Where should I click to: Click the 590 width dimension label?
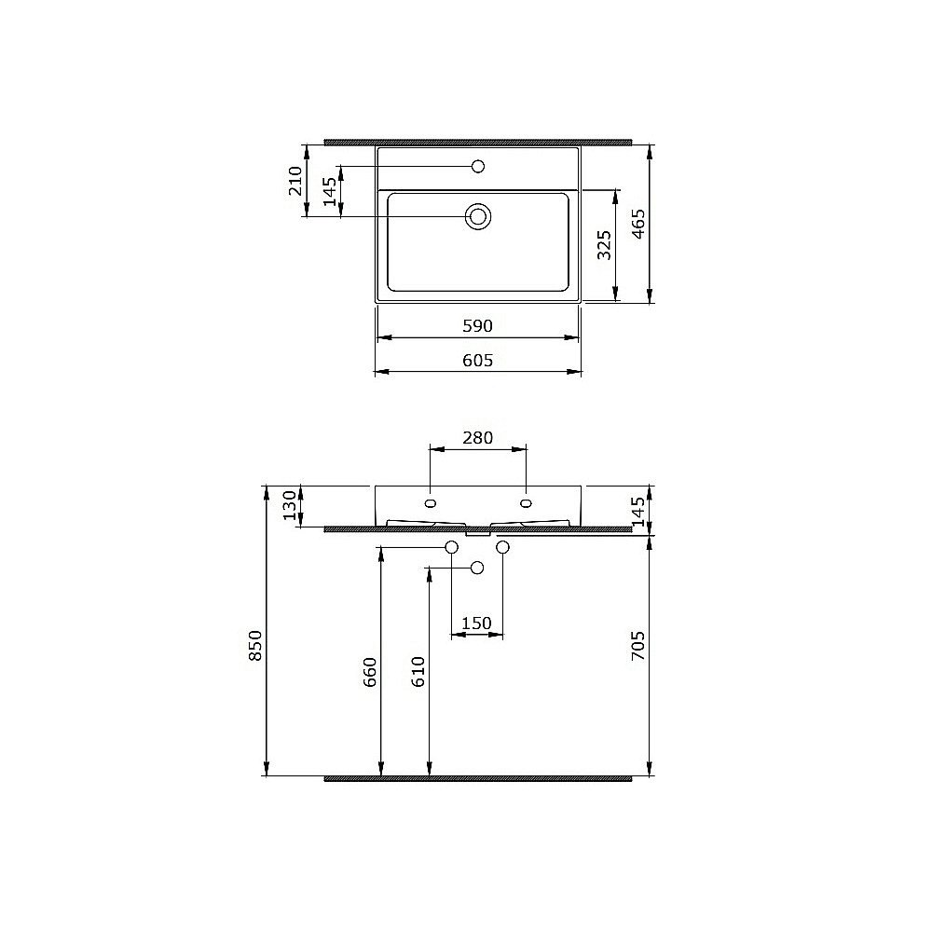(476, 326)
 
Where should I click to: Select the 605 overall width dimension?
(476, 360)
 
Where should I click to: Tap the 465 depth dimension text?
(637, 224)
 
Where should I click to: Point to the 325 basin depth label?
(604, 244)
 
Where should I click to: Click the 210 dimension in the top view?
(295, 181)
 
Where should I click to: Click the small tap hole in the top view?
(478, 167)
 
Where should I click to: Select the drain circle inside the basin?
(478, 217)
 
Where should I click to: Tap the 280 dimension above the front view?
(476, 437)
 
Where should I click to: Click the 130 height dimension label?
(289, 506)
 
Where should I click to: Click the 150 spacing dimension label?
(476, 624)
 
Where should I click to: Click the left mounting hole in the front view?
(430, 504)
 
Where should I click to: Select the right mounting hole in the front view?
(527, 504)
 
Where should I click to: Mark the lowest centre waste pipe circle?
(477, 568)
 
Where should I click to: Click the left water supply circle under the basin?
(452, 547)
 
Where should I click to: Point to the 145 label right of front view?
(638, 512)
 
